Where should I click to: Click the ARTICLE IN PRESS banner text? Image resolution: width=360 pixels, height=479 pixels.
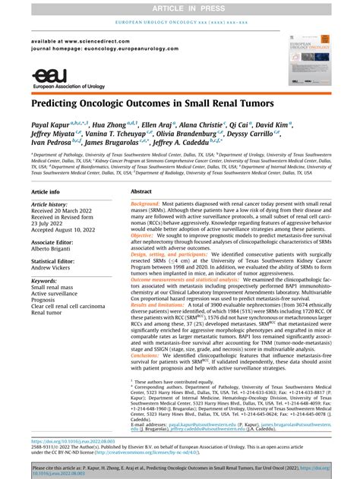point(179,7)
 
